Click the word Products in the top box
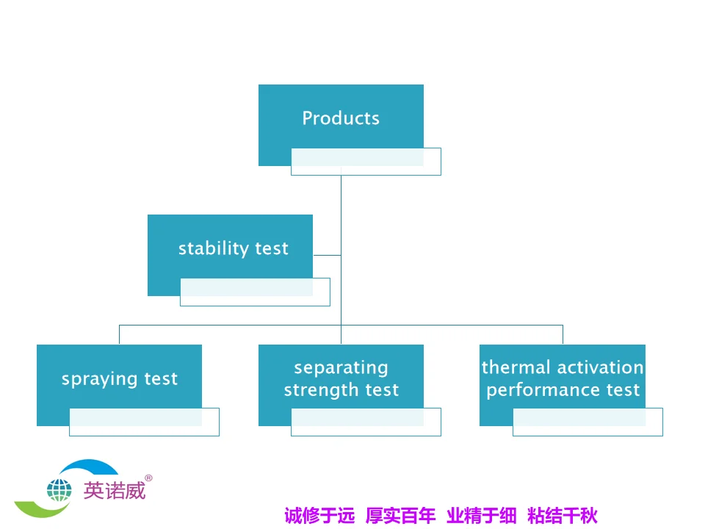(x=341, y=118)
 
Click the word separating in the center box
(x=341, y=367)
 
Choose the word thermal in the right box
(x=516, y=367)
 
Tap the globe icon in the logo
(x=59, y=489)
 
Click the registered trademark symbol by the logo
(x=148, y=478)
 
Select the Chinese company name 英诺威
(x=114, y=490)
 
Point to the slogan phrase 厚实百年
(x=400, y=516)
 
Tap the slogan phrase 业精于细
(x=481, y=516)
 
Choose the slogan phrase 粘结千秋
(x=562, y=516)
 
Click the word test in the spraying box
(x=161, y=380)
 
